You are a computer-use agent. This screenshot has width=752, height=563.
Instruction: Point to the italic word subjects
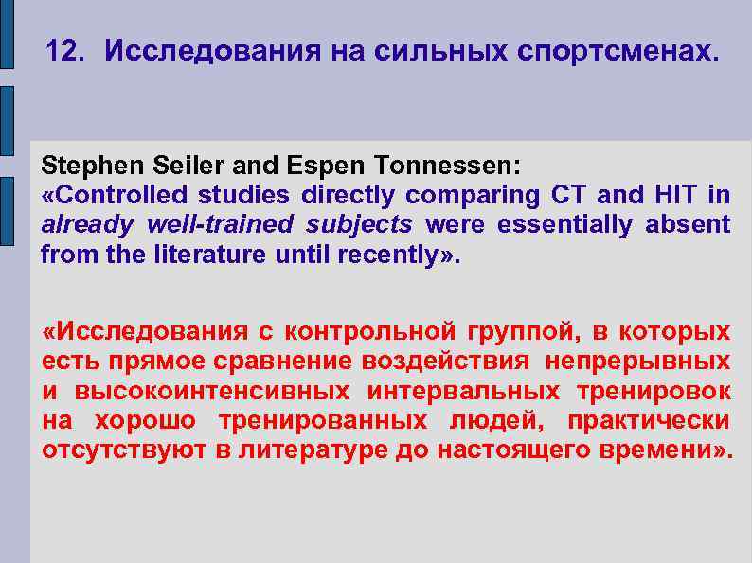tap(367, 224)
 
